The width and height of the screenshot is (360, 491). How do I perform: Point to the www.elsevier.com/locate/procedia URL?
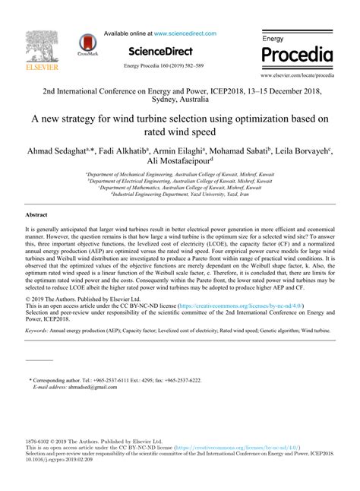pos(297,76)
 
